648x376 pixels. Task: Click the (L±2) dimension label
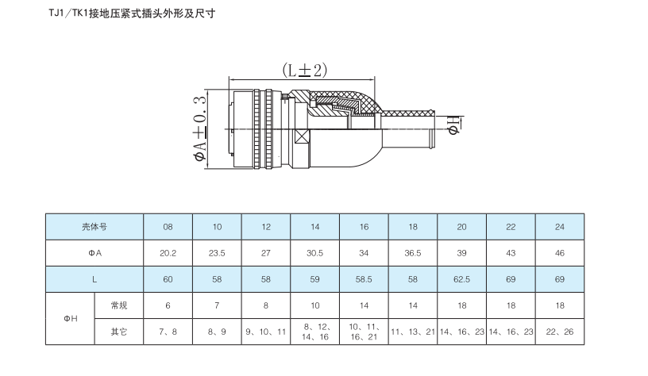click(304, 70)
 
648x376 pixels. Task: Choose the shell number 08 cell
click(168, 226)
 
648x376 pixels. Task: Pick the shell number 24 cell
click(560, 226)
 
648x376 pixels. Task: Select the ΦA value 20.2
click(168, 253)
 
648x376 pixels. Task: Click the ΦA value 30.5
click(315, 253)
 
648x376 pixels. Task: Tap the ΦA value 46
click(560, 253)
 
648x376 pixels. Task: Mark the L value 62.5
click(462, 279)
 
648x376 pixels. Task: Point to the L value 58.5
click(364, 279)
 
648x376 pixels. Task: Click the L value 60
click(168, 279)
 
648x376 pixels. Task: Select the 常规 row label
click(118, 305)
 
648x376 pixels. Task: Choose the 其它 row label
click(118, 332)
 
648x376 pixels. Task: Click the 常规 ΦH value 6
click(168, 305)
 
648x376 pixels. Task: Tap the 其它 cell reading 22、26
click(560, 332)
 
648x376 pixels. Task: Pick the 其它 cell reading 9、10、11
click(266, 332)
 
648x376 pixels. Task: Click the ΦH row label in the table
click(71, 318)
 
